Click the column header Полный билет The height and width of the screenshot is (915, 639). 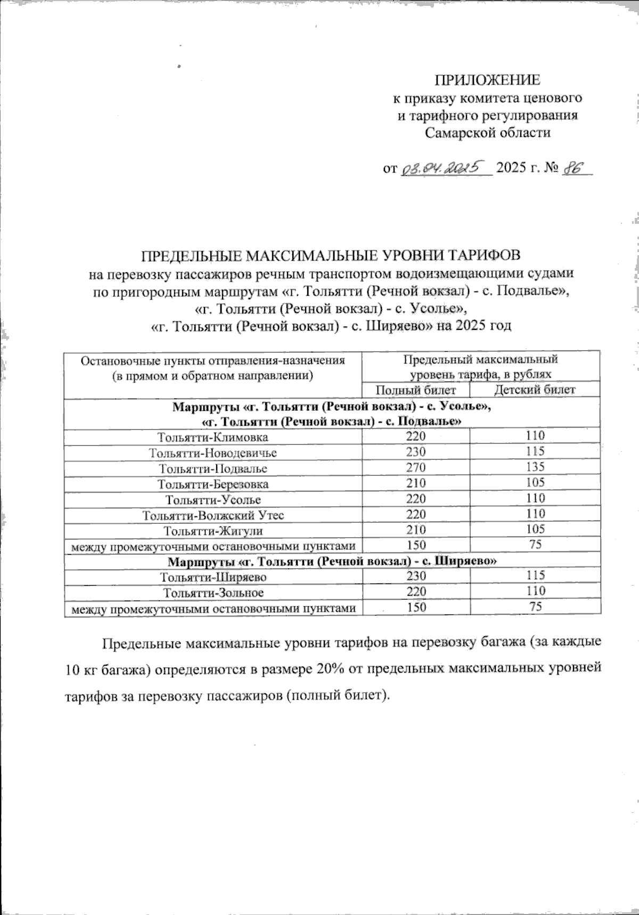click(416, 390)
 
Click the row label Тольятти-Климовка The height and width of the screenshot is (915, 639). click(213, 438)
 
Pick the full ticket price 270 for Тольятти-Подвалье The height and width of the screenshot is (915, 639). click(416, 468)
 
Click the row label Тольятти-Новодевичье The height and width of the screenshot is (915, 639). click(213, 453)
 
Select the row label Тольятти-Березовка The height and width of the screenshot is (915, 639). click(213, 484)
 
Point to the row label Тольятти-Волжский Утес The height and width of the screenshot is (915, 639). click(213, 515)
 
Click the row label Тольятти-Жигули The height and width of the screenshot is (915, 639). click(213, 531)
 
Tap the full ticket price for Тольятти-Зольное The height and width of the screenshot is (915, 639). click(416, 592)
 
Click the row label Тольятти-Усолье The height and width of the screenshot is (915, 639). click(213, 500)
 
